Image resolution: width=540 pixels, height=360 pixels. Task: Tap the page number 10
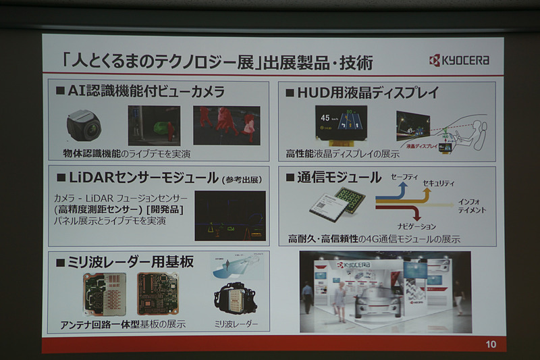click(x=490, y=344)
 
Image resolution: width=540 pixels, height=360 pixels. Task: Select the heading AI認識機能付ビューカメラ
click(x=146, y=91)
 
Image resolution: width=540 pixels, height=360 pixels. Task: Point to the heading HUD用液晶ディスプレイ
click(x=362, y=92)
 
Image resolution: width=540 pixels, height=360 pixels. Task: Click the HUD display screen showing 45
click(x=341, y=126)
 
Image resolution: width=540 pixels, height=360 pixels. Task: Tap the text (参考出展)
click(x=241, y=180)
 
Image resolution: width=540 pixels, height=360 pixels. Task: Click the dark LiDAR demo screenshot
click(x=230, y=215)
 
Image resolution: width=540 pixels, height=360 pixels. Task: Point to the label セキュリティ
click(x=438, y=184)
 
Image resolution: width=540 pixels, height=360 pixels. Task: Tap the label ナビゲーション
click(x=413, y=226)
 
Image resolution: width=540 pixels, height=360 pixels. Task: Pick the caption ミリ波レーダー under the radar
click(x=236, y=324)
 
